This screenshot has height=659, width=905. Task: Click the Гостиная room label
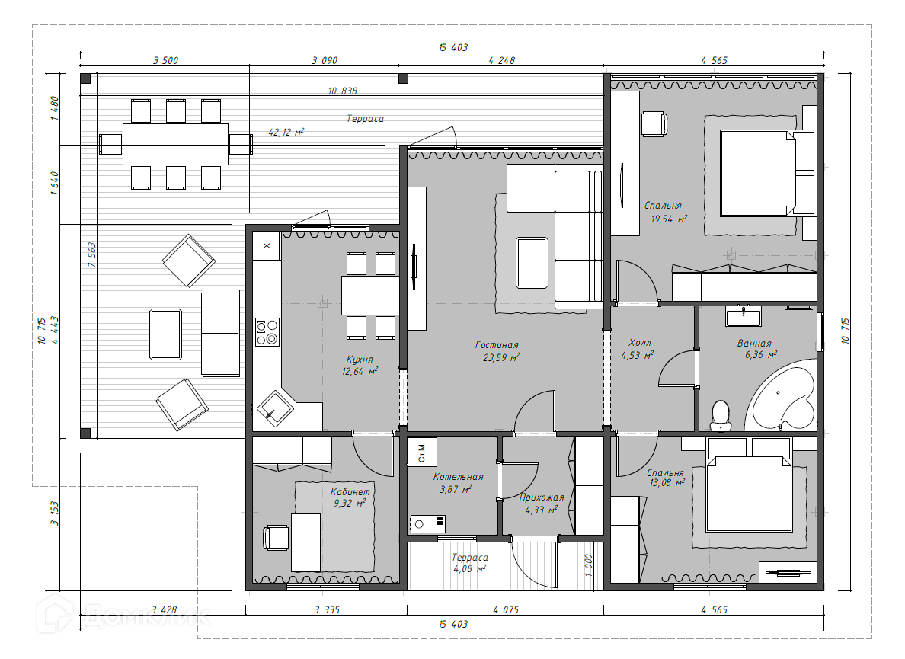497,344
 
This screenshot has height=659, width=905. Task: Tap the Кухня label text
360,359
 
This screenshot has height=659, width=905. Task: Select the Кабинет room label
350,491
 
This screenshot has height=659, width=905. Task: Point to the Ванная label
753,344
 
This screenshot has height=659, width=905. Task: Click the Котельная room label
458,477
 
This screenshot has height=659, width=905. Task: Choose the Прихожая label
541,497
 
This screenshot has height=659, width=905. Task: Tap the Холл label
639,343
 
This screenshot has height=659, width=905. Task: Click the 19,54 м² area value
668,219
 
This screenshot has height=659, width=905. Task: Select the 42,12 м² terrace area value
286,132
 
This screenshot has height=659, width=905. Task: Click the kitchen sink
275,408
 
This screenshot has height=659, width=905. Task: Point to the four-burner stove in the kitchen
267,332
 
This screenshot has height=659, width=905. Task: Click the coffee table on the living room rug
532,263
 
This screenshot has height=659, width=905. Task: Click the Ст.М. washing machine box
422,452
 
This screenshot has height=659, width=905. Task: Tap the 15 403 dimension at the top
453,47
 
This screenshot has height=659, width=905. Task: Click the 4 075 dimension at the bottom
506,609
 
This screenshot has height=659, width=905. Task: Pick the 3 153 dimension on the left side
55,513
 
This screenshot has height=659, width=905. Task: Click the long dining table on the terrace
175,144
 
